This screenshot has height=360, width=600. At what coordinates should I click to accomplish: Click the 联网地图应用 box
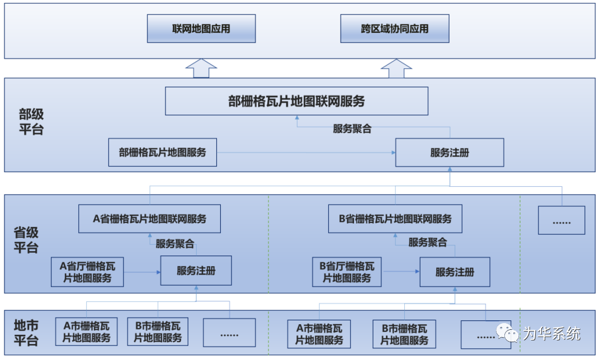click(x=201, y=29)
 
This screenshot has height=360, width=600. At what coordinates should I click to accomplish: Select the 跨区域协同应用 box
click(x=395, y=29)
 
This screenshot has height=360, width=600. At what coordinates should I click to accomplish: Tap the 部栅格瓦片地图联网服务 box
click(x=296, y=101)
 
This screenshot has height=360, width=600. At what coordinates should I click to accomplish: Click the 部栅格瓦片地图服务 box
click(x=162, y=153)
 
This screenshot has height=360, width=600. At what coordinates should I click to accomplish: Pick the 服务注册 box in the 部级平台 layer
click(x=450, y=153)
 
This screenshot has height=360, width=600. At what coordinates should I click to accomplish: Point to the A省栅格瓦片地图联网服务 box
click(x=149, y=219)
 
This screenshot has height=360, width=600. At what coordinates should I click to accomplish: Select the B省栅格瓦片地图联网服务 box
click(x=395, y=219)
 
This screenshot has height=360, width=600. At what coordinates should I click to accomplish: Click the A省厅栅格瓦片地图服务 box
click(x=87, y=272)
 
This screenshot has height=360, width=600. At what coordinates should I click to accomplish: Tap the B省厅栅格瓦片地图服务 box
click(x=347, y=272)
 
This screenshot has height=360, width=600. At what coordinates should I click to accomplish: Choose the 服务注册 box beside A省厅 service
click(x=196, y=271)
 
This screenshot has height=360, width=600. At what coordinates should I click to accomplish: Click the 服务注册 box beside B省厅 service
click(x=455, y=272)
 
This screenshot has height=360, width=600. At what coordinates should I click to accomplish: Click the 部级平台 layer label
click(x=30, y=122)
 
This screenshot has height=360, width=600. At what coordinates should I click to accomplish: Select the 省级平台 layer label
click(x=26, y=240)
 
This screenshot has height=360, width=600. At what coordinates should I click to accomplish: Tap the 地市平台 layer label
click(x=26, y=333)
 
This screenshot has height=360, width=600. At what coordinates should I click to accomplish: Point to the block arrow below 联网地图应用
click(x=201, y=68)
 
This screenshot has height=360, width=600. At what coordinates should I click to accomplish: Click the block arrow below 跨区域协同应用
click(x=396, y=68)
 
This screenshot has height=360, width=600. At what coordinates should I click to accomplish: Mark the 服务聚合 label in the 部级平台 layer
click(x=352, y=129)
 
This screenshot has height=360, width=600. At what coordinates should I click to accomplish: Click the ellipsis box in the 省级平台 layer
click(x=561, y=220)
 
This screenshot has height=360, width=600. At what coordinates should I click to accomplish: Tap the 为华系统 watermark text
click(x=551, y=334)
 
